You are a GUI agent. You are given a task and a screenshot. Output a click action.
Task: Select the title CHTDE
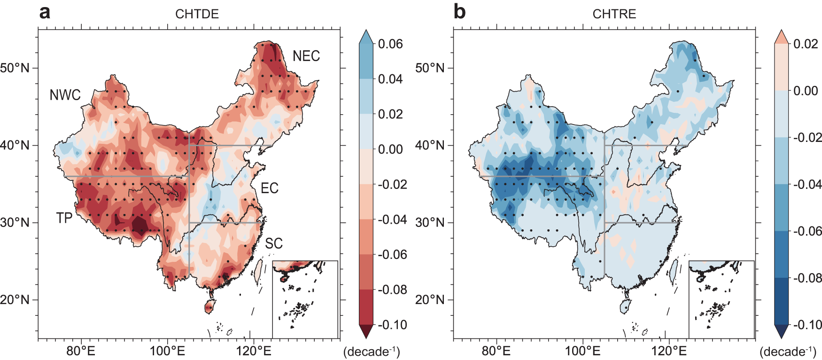pyautogui.click(x=197, y=14)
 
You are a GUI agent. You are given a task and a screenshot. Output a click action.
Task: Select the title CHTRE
pyautogui.click(x=614, y=14)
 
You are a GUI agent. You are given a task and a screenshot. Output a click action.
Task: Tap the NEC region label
pyautogui.click(x=306, y=56)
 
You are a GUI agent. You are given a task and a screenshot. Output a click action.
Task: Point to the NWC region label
pyautogui.click(x=65, y=95)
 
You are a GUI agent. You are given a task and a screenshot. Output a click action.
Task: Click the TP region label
pyautogui.click(x=64, y=218)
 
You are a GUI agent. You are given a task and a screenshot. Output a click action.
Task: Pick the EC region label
pyautogui.click(x=270, y=188)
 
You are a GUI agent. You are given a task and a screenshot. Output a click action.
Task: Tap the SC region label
pyautogui.click(x=273, y=243)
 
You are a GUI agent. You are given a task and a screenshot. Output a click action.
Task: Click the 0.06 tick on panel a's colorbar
pyautogui.click(x=390, y=44)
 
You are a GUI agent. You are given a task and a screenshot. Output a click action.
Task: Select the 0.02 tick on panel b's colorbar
pyautogui.click(x=806, y=44)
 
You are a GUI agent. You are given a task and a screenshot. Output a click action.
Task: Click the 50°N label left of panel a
pyautogui.click(x=15, y=68)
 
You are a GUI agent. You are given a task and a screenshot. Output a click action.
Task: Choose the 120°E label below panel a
pyautogui.click(x=254, y=351)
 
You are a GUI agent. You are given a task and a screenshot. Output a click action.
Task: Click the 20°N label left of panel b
pyautogui.click(x=430, y=300)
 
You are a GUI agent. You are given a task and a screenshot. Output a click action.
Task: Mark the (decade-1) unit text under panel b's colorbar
pyautogui.click(x=787, y=352)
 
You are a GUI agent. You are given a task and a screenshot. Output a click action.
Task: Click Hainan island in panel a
pyautogui.click(x=209, y=308)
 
